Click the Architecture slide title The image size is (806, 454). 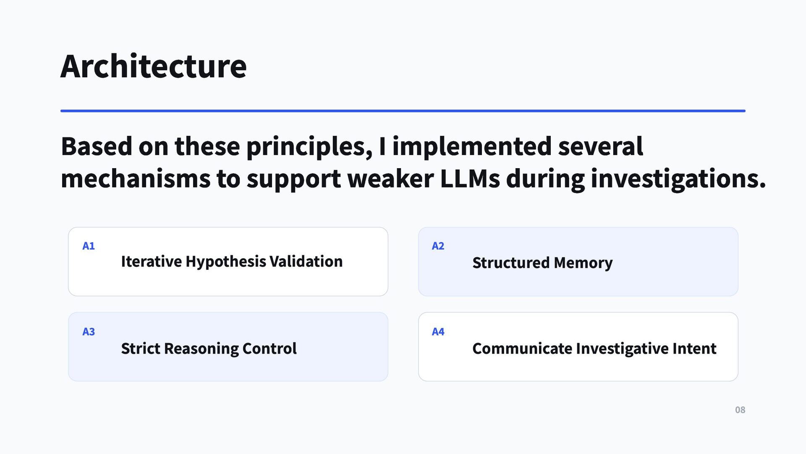(154, 66)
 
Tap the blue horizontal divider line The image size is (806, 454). (403, 111)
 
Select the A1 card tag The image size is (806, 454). (89, 246)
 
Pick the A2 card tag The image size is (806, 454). (438, 246)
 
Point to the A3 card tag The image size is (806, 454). (89, 332)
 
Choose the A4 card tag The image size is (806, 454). (438, 332)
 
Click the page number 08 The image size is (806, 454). (740, 410)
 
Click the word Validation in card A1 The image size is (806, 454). (306, 261)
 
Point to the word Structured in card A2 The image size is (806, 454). (511, 263)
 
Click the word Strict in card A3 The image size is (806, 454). (141, 348)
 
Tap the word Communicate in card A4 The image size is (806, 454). (522, 348)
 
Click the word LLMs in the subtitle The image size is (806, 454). (470, 179)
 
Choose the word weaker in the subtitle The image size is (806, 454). (390, 179)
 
